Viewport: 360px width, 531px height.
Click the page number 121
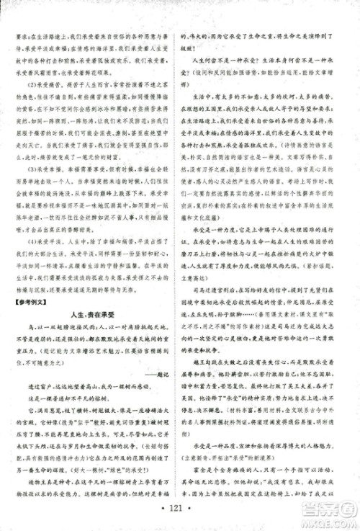pyautogui.click(x=181, y=519)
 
